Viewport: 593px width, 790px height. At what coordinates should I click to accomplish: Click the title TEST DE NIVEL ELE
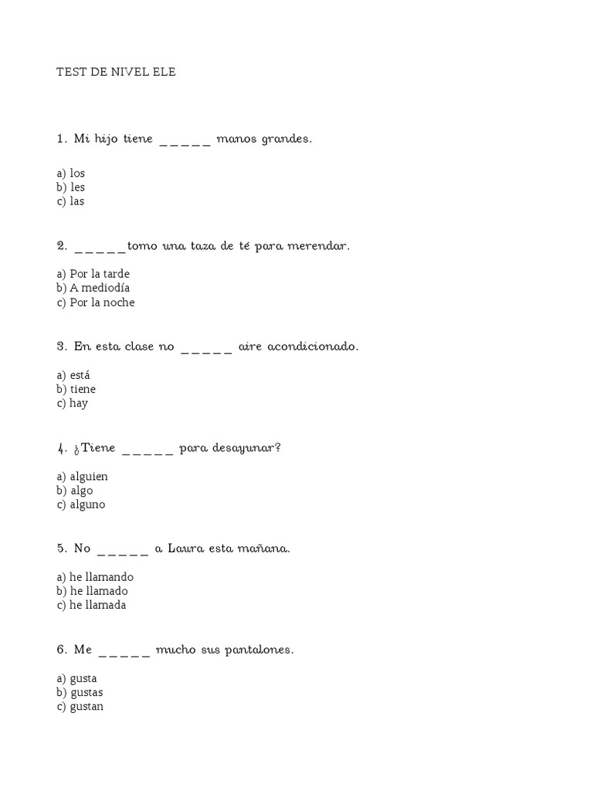(116, 72)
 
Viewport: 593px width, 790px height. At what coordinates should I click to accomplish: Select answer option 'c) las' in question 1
(70, 201)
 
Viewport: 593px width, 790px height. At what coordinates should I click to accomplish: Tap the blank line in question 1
(185, 141)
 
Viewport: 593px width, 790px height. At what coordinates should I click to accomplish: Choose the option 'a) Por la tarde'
(93, 274)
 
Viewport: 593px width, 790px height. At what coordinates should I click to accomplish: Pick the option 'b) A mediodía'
(93, 288)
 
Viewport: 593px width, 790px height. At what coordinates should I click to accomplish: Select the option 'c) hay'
(73, 403)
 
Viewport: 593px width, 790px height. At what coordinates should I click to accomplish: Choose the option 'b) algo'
(76, 491)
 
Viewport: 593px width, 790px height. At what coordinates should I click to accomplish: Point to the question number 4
(60, 448)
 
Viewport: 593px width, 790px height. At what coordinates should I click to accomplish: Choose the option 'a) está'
(73, 375)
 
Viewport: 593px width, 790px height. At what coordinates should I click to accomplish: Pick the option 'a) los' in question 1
(70, 173)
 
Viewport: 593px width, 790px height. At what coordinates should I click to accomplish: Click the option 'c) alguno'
(80, 505)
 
